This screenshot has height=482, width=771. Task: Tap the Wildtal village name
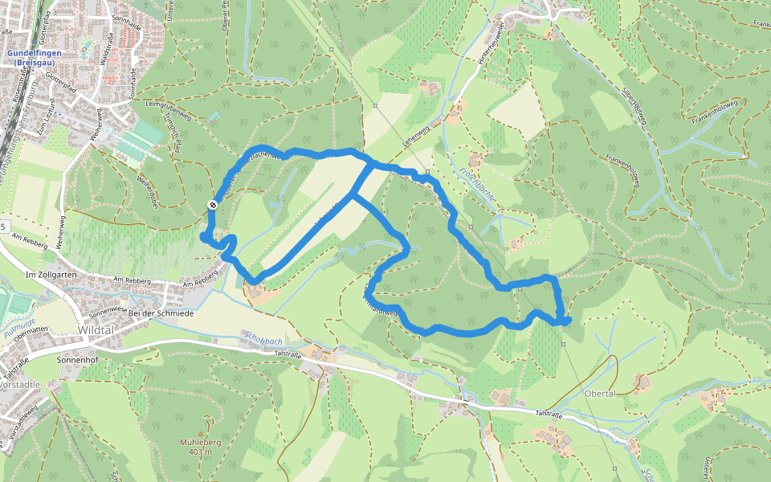[x=98, y=330]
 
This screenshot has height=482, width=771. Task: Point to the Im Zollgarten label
[x=51, y=275]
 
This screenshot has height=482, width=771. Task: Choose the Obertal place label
[x=600, y=394]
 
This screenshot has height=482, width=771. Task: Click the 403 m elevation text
[x=195, y=452]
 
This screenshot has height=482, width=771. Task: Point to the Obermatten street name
[x=33, y=340]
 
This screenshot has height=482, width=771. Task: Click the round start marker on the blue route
[x=212, y=206]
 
